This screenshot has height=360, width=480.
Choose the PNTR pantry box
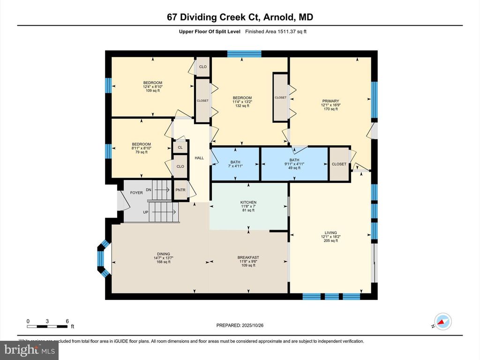(x=180, y=190)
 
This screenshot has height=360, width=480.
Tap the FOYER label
(x=136, y=193)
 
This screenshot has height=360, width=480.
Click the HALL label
(x=199, y=158)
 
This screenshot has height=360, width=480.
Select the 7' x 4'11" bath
(x=235, y=164)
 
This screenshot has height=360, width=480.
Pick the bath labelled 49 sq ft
(x=294, y=164)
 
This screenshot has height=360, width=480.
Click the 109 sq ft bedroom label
(x=152, y=86)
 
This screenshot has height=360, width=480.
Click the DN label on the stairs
(x=149, y=190)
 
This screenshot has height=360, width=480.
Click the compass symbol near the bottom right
(x=442, y=322)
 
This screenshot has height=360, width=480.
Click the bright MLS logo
(x=29, y=349)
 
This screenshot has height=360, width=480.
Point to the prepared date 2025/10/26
(x=243, y=325)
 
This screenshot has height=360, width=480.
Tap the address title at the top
(x=240, y=17)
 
